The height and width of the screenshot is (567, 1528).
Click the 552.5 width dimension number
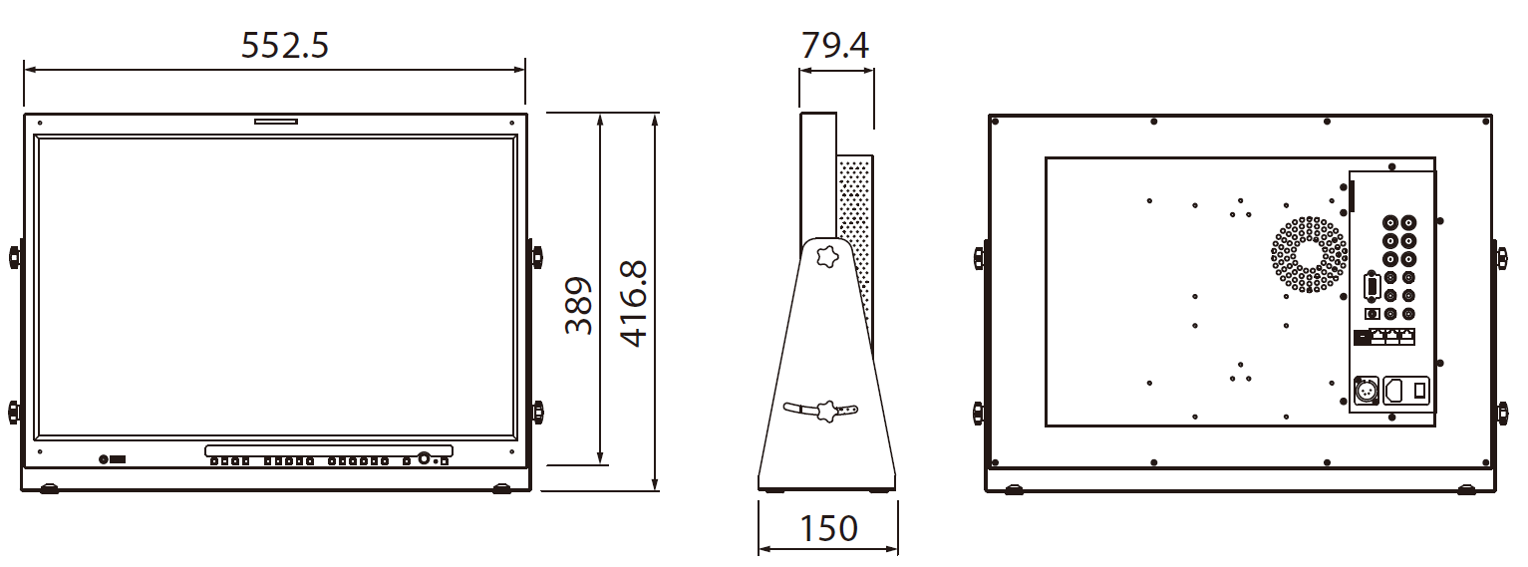click(285, 45)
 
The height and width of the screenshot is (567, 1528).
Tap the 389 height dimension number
click(578, 305)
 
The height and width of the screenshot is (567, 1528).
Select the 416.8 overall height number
click(634, 304)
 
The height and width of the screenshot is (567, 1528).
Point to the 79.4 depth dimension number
click(835, 45)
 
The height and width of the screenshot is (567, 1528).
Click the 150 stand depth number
click(828, 528)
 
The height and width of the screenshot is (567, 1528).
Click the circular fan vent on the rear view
click(1309, 255)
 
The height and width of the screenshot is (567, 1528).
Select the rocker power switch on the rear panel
click(1419, 391)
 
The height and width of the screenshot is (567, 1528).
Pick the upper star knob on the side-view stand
click(827, 256)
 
